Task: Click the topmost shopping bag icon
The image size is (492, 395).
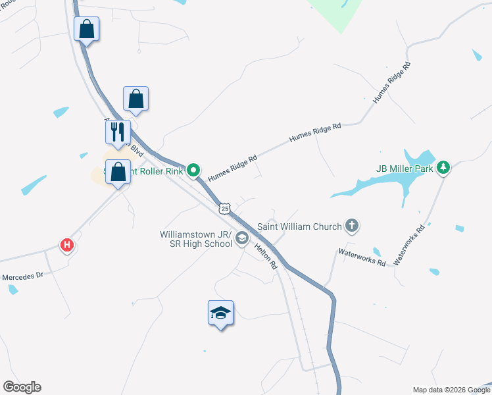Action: coord(86,29)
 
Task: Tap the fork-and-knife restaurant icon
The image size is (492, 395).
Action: coord(118,132)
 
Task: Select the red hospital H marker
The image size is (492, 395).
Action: coord(66,246)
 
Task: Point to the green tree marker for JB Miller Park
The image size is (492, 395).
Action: coord(444,168)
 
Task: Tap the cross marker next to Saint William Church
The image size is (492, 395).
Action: coord(352,226)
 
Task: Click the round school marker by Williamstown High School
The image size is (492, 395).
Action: coord(242,238)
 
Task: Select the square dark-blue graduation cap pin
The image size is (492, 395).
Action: coord(221,313)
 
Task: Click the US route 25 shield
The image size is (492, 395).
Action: coord(225,208)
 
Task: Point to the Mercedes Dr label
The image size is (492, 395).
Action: coord(22,276)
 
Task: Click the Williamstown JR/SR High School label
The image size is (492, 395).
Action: coord(196,239)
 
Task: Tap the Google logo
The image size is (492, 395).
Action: coord(22,387)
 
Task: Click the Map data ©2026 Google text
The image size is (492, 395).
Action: coord(451,390)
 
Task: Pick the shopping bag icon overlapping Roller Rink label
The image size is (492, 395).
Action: coord(118,172)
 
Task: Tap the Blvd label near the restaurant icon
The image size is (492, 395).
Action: coord(136,149)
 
